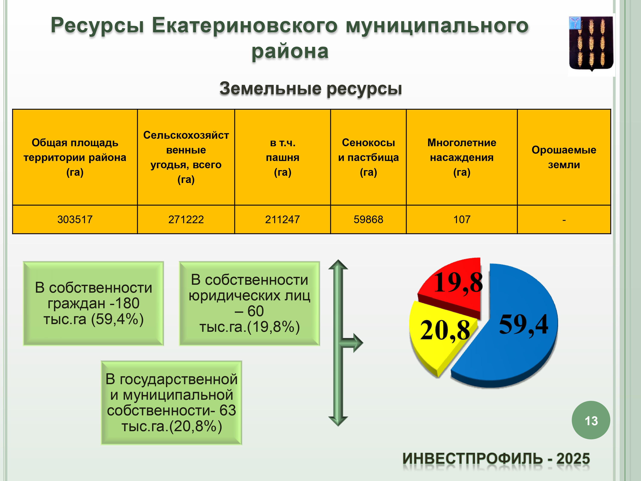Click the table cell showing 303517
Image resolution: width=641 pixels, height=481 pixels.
coord(75,220)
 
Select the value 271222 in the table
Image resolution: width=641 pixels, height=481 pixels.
coord(186,220)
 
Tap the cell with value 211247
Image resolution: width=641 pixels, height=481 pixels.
coord(282,220)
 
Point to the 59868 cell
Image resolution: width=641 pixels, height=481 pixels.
coord(368,220)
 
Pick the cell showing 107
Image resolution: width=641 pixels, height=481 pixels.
coord(462,220)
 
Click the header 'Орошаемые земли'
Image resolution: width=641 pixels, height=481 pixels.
coord(564,157)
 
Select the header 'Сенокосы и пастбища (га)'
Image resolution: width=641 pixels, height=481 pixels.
coord(368,157)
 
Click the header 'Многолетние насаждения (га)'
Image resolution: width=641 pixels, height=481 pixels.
coord(462,157)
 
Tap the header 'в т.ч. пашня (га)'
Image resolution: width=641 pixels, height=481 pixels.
coord(282,157)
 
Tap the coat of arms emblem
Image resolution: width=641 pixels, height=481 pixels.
coord(591,43)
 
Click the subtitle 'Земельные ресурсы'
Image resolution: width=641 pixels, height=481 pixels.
coord(311,89)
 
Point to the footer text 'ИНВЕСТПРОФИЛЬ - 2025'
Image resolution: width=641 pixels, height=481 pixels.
coord(496,459)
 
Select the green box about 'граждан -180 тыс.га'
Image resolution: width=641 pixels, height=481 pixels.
coord(93,303)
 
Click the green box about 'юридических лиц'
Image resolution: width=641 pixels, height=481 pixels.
coord(250,303)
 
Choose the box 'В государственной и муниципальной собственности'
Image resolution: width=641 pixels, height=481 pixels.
coord(171,403)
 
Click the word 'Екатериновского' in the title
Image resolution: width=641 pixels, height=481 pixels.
coord(245,25)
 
